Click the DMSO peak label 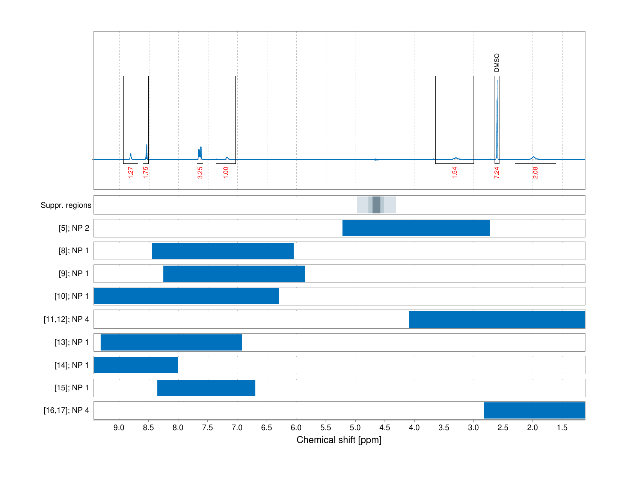click(497, 63)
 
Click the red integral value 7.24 click(496, 173)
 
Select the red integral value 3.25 click(200, 173)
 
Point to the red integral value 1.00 click(226, 173)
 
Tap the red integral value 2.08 click(535, 173)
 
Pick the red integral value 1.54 click(454, 173)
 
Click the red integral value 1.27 click(130, 173)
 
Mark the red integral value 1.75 click(146, 173)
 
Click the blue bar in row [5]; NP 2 click(416, 228)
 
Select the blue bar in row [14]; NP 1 click(136, 365)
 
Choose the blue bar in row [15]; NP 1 click(206, 388)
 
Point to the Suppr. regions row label click(66, 205)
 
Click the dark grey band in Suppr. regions click(376, 205)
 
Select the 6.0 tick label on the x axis click(296, 428)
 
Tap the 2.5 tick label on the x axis click(503, 428)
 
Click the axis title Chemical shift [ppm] click(339, 440)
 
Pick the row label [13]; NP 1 click(72, 342)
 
